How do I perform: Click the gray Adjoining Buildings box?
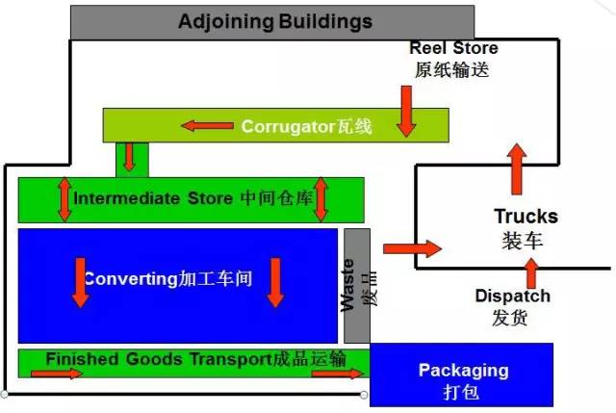[x=272, y=21]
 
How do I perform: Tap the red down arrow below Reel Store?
[x=406, y=109]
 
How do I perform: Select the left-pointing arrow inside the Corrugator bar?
[x=208, y=125]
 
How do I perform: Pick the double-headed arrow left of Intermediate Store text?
[x=64, y=198]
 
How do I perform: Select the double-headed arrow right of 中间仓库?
[x=321, y=198]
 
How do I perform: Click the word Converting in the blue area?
[x=129, y=280]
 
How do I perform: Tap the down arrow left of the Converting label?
[x=80, y=281]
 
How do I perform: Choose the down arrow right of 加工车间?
[x=276, y=281]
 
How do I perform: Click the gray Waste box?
[x=356, y=285]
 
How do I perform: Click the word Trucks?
[x=526, y=217]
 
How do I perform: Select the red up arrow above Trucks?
[x=518, y=168]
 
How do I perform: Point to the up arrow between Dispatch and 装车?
[x=528, y=270]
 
